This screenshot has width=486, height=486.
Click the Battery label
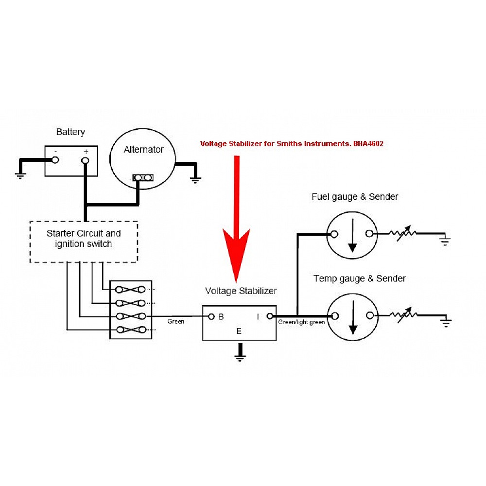click(x=70, y=132)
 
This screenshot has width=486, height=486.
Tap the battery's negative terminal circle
click(x=55, y=160)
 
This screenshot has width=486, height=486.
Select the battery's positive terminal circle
click(x=85, y=160)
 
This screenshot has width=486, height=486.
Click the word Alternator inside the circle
click(x=143, y=150)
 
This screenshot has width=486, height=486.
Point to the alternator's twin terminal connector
click(x=143, y=178)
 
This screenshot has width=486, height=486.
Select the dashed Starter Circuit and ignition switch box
click(x=84, y=242)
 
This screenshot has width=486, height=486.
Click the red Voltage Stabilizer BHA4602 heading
click(x=292, y=144)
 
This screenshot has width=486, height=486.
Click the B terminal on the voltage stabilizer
click(x=211, y=317)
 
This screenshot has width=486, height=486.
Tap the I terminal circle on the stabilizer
click(x=270, y=317)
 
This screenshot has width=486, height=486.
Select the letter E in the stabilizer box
click(x=239, y=332)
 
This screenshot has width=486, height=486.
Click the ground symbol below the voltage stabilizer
click(x=239, y=357)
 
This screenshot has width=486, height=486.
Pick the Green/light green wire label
click(x=301, y=322)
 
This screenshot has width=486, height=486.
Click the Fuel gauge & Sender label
click(x=355, y=197)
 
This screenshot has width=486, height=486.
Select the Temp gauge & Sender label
click(x=360, y=278)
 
